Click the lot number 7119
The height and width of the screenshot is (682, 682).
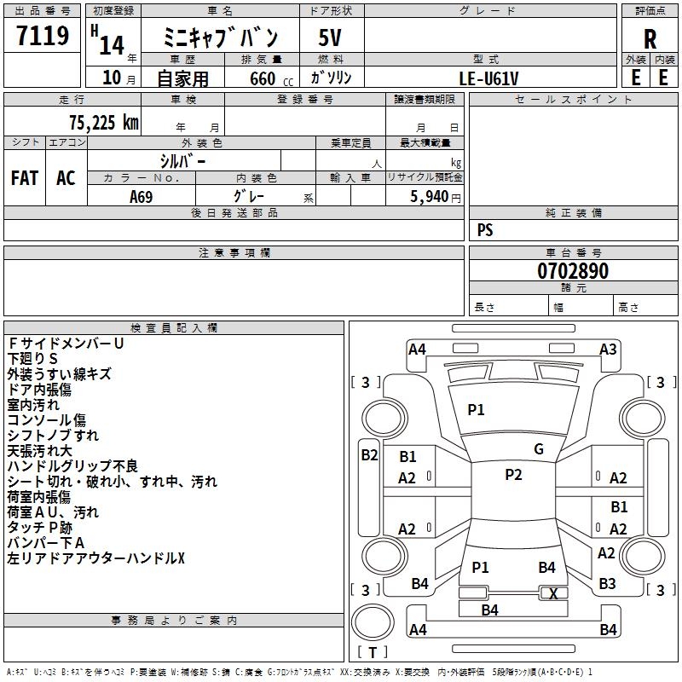[43, 37]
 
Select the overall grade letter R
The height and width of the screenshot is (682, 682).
[650, 38]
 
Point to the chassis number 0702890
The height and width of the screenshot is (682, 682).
[573, 272]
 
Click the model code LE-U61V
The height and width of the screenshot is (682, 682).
[488, 78]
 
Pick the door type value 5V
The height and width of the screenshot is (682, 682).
[330, 38]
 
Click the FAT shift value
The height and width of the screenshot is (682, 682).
[25, 178]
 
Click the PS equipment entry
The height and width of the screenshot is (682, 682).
[485, 230]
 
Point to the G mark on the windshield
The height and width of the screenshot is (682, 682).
[539, 449]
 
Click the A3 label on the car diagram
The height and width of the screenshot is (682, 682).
[608, 349]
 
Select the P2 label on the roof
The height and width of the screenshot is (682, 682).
[513, 475]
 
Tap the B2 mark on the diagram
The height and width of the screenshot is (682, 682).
[369, 455]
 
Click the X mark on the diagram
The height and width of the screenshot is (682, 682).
[553, 594]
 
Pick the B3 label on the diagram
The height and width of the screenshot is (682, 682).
[607, 584]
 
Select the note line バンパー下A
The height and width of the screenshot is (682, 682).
[46, 543]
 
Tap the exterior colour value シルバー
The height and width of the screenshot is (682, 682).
[183, 160]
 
